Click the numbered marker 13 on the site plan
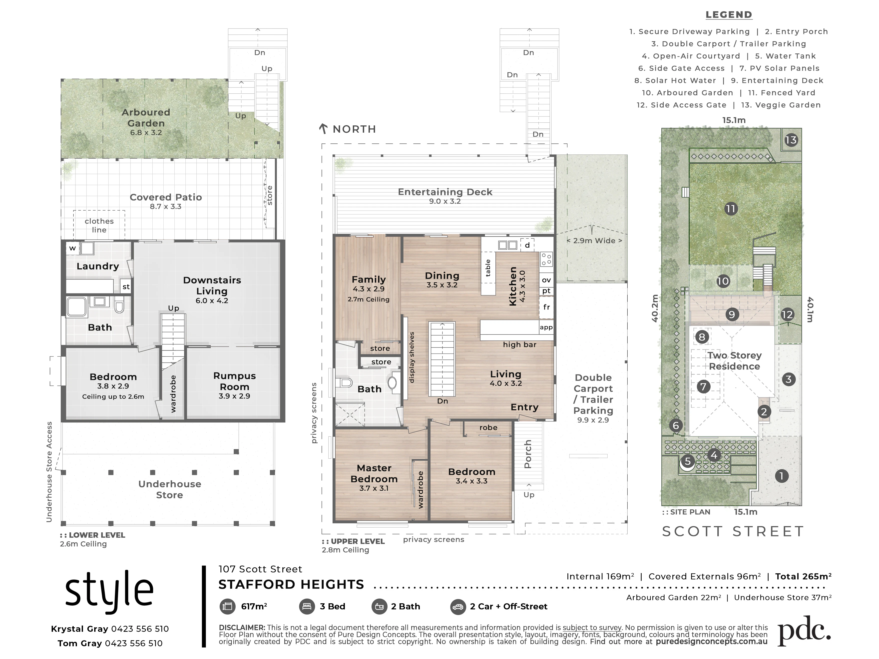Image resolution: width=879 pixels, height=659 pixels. pos(791,140)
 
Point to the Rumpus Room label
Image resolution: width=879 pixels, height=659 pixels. pos(234,381)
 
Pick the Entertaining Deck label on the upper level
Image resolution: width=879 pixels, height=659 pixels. pos(445,192)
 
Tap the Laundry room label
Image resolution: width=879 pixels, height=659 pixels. pos(98,266)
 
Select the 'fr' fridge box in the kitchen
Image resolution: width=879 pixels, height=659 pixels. pos(546,307)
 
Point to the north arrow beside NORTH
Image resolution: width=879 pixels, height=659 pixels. pos(323,129)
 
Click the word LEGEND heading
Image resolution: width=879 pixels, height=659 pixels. pos(729,15)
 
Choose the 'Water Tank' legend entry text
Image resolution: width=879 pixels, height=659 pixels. pos(785,56)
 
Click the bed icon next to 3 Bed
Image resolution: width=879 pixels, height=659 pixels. pos(306,607)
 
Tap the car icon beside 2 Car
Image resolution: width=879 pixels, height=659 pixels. pos(458,607)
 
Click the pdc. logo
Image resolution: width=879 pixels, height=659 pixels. pos(804,631)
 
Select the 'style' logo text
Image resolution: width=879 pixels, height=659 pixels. pos(109,591)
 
